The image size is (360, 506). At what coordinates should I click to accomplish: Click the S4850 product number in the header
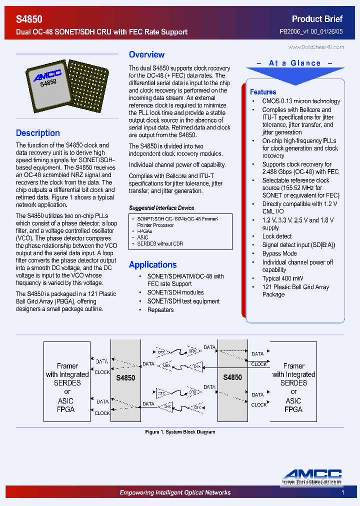click(29, 19)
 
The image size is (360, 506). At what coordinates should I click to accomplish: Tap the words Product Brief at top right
click(317, 19)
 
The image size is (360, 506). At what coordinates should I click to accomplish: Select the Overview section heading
click(146, 54)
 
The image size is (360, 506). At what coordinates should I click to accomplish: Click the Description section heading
click(38, 133)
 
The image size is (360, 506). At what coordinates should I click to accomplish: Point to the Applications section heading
click(152, 264)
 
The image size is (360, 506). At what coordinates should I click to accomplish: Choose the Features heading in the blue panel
click(263, 92)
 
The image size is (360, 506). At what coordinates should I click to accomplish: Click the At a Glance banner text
click(294, 63)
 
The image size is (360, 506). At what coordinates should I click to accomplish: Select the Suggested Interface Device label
click(161, 208)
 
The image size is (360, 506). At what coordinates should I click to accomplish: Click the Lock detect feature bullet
click(277, 236)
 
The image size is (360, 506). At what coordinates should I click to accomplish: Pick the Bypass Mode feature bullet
click(279, 253)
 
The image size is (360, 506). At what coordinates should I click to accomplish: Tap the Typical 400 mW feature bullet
click(282, 278)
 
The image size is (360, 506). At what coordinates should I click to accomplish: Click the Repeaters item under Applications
click(160, 310)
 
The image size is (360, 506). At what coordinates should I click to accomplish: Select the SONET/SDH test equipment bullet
click(183, 301)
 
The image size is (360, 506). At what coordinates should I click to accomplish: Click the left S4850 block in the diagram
click(125, 378)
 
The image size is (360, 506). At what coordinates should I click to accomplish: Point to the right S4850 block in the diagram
click(232, 377)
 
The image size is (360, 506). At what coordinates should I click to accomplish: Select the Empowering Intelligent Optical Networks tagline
click(175, 492)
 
